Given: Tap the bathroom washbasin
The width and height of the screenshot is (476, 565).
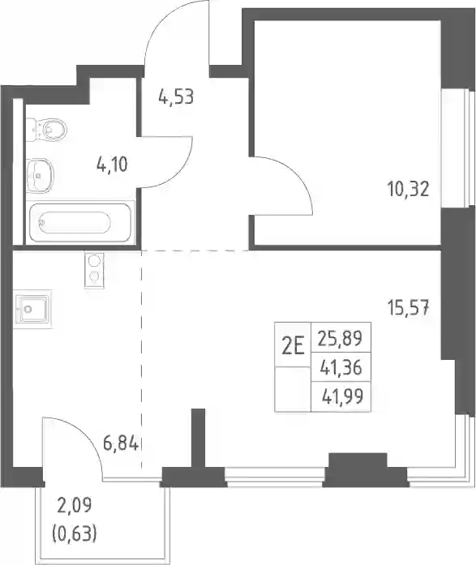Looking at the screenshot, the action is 40,176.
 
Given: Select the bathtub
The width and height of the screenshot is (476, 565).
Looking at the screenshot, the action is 80,222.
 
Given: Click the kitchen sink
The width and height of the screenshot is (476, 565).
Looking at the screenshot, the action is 32,309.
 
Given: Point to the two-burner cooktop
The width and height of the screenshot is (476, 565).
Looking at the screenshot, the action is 94,270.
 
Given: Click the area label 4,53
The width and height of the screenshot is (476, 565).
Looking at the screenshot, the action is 176,97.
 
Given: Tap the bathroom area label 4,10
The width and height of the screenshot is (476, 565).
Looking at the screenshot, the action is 112,165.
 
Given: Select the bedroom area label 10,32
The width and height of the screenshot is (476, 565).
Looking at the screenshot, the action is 408,189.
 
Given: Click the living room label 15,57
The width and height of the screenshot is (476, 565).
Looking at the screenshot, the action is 408,308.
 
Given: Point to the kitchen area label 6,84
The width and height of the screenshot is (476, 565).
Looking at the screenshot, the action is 121,443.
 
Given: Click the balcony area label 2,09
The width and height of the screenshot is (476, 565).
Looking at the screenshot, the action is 75,505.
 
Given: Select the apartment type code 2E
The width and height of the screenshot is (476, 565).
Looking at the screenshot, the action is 293,347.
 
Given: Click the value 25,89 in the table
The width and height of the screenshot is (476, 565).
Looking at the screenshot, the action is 340,338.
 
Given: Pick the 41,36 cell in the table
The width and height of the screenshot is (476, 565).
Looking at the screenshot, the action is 341,368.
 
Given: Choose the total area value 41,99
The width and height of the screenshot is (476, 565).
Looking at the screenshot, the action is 342,396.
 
